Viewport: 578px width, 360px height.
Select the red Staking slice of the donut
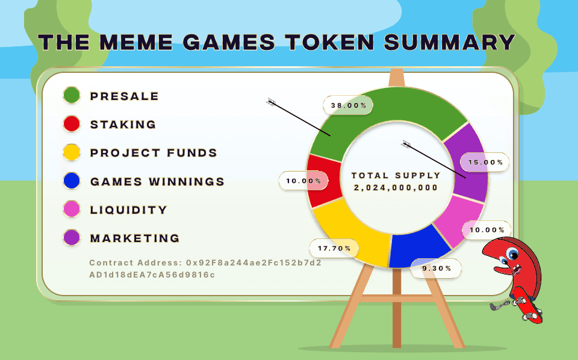325,181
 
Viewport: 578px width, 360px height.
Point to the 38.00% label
349,105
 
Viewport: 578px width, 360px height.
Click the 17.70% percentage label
334,249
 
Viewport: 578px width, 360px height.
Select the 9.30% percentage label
437,268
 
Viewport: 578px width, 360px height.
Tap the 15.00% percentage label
485,162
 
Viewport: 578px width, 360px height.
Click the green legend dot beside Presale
72,95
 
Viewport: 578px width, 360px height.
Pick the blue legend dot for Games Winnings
72,181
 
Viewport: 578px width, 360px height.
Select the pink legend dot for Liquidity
72,209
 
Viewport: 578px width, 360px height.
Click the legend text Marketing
135,238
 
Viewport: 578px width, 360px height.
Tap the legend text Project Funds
154,152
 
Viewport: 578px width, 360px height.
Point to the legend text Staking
123,124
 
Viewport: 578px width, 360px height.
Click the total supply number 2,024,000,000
396,188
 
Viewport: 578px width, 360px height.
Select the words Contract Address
135,262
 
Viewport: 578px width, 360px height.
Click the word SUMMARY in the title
449,42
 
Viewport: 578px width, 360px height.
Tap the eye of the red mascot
512,253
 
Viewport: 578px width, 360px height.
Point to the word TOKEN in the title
329,42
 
